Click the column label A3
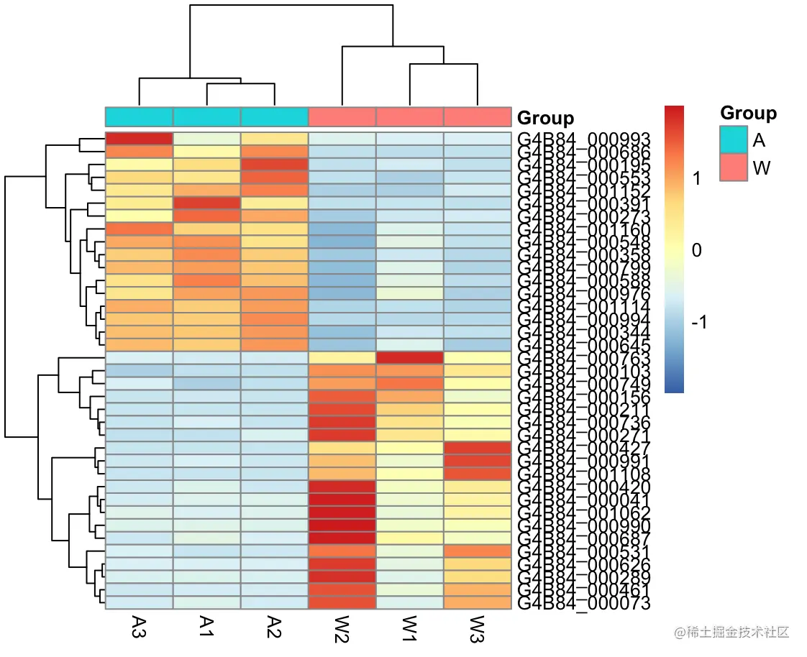[139, 626]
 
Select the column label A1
[206, 626]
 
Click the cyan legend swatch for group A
[733, 140]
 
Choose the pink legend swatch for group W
[733, 168]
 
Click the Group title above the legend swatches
[748, 113]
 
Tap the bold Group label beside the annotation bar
[545, 118]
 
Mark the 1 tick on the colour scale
[696, 179]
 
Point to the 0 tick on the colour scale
[696, 250]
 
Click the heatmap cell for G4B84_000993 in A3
[139, 139]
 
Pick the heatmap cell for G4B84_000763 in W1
[409, 357]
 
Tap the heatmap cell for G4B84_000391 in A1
[206, 203]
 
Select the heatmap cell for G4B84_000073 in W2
[342, 602]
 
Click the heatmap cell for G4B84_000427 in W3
[477, 448]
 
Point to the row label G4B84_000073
[584, 602]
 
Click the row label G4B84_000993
[584, 139]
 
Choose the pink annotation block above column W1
[409, 116]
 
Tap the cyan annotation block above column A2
[274, 116]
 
